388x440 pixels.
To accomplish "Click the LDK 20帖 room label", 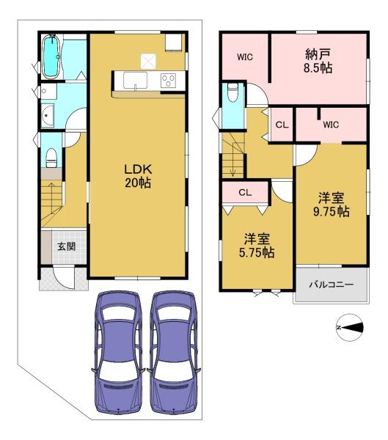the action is pos(138,176).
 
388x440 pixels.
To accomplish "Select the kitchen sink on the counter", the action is pos(135,80).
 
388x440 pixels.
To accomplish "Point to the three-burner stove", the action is pos(168,81).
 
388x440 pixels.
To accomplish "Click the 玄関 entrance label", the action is pos(66,247).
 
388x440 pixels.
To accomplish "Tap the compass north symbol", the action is pos(350,327).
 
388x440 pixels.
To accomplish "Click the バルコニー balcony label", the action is pos(332,285).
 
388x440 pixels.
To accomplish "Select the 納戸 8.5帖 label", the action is pos(318,61).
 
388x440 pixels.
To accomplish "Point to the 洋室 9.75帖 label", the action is pos(332,205).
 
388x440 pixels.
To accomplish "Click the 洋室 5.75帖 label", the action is pos(257,246).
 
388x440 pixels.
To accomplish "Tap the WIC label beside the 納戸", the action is pos(245,57).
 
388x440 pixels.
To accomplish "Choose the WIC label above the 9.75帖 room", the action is pos(331,125).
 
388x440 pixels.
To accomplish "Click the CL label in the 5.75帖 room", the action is pos(245,192).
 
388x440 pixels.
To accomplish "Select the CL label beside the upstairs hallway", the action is pos(282,125).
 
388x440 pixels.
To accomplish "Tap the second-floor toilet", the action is pos(233,92).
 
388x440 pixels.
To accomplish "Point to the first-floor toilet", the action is pos(51,158).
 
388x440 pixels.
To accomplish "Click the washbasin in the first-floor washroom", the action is pos(48,115).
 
